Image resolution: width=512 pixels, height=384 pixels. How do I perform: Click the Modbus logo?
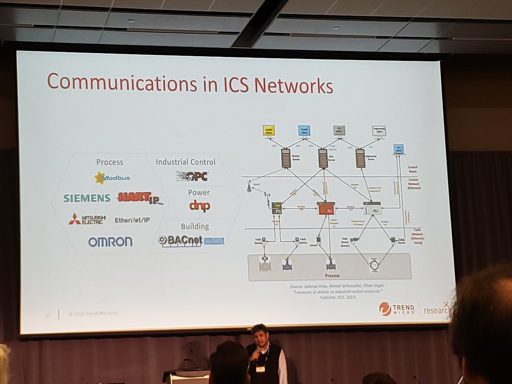click(x=112, y=177)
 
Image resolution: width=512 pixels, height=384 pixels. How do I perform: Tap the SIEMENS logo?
click(x=87, y=198)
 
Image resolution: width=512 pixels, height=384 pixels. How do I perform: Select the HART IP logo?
click(x=140, y=198)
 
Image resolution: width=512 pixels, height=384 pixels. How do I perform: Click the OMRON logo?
click(x=111, y=242)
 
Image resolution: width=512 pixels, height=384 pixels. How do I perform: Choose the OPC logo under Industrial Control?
click(x=192, y=176)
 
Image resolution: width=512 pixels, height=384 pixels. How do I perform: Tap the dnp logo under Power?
click(x=200, y=206)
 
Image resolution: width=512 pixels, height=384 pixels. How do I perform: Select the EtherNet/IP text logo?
click(x=132, y=220)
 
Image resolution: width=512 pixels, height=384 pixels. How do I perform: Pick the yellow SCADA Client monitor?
click(x=269, y=131)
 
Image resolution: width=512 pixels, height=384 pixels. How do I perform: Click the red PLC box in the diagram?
click(x=326, y=209)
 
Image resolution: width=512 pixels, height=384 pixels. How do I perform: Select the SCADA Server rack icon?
click(x=285, y=158)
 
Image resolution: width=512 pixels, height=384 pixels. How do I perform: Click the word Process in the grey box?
click(x=332, y=276)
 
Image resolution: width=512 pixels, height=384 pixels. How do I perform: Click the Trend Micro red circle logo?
click(x=385, y=309)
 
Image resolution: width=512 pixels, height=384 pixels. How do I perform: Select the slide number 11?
click(x=48, y=314)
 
